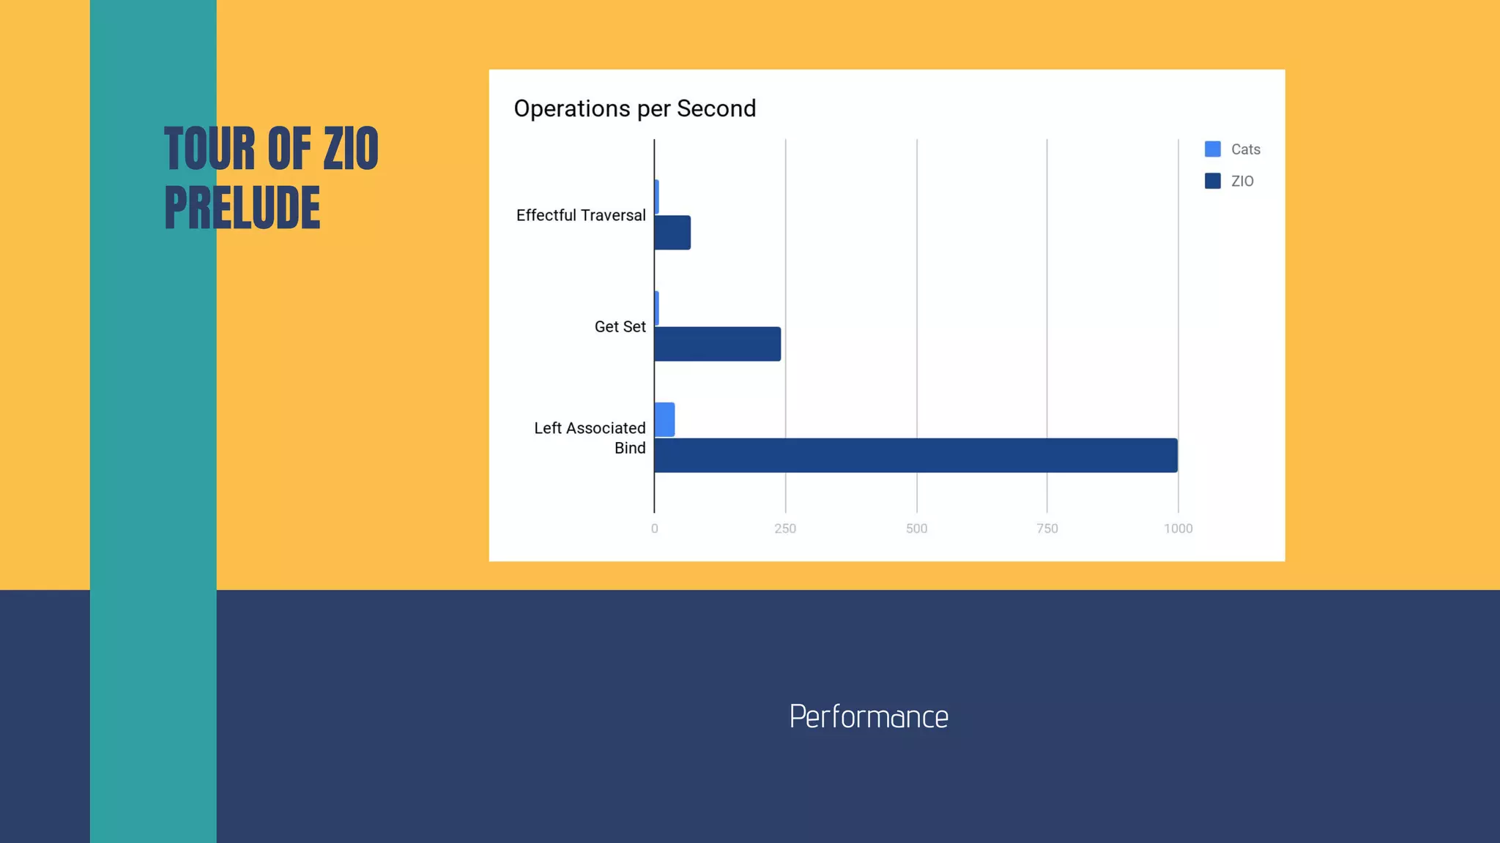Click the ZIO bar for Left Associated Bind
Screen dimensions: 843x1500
click(x=916, y=455)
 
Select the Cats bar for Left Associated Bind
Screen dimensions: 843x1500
click(x=664, y=419)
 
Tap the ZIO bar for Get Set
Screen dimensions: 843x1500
click(x=717, y=344)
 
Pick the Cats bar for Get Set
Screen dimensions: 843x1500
click(x=657, y=308)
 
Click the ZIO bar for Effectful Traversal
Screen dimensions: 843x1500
click(x=672, y=233)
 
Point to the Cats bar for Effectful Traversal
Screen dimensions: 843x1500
click(x=657, y=197)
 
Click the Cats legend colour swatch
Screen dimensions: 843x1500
click(x=1212, y=149)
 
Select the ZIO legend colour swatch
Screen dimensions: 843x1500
click(x=1212, y=181)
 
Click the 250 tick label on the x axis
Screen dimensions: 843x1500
click(x=785, y=528)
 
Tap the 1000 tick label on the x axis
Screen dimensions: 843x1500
click(x=1178, y=528)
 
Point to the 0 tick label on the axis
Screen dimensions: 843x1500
click(x=654, y=528)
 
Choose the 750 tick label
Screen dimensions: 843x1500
click(x=1047, y=528)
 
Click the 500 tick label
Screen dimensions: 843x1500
click(x=916, y=528)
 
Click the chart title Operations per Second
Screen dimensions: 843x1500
click(x=634, y=108)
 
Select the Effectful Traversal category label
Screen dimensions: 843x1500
click(x=581, y=215)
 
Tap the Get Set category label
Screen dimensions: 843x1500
click(x=620, y=326)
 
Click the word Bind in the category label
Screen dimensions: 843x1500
click(x=630, y=448)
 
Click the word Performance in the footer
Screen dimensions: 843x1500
click(x=869, y=716)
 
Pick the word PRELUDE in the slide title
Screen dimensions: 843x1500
click(x=242, y=208)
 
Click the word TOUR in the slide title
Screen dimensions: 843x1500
click(x=209, y=149)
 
